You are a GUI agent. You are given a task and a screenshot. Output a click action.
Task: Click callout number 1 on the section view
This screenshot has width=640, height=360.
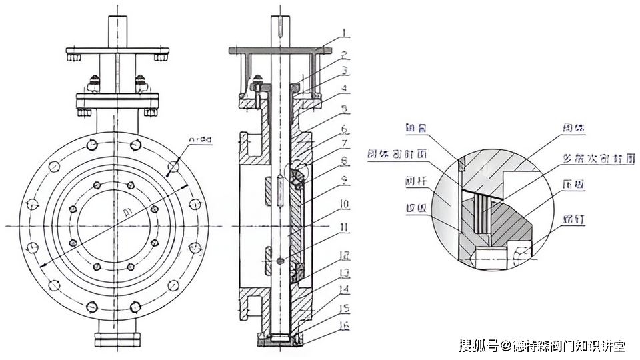[345, 31]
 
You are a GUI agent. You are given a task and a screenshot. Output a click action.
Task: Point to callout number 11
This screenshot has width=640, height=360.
[345, 227]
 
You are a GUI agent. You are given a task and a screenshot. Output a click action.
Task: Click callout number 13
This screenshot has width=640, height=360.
[345, 273]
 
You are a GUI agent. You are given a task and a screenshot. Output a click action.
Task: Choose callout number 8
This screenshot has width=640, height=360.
[345, 160]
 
